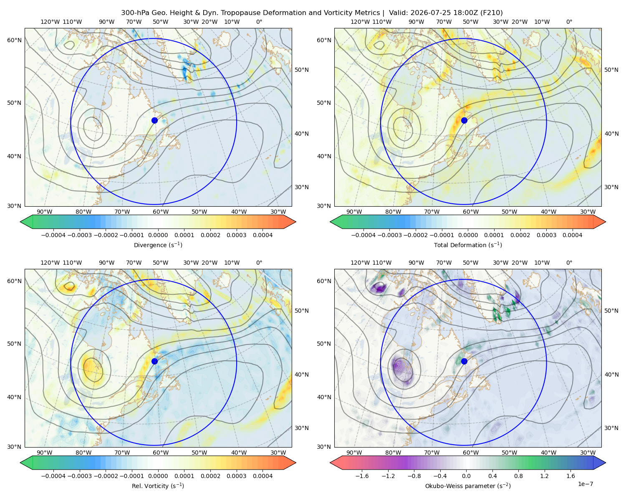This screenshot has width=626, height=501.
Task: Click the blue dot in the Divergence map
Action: click(x=154, y=120)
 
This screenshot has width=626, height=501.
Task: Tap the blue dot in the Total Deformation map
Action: click(x=464, y=120)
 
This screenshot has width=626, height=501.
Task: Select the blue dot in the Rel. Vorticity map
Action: click(x=154, y=361)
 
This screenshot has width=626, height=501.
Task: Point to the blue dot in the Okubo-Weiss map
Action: click(x=464, y=361)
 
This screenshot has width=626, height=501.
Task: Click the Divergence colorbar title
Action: click(x=158, y=245)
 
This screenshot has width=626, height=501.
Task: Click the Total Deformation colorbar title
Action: click(x=468, y=245)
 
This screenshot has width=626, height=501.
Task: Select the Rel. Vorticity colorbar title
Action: click(x=158, y=486)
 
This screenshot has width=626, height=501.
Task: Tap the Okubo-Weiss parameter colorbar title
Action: click(x=468, y=486)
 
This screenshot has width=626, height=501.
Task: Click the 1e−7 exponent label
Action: click(x=585, y=484)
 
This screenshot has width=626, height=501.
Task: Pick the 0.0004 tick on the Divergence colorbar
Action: click(x=263, y=235)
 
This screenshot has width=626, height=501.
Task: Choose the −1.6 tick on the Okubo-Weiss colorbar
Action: click(x=362, y=476)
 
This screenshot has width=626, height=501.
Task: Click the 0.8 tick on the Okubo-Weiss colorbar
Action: click(x=518, y=476)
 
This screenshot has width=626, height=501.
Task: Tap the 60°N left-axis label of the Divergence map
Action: click(x=14, y=40)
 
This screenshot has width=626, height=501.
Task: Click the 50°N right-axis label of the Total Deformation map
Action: click(x=611, y=70)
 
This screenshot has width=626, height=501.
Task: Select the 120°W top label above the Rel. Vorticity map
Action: click(x=50, y=263)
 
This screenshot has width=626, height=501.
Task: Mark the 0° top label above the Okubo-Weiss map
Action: click(x=569, y=263)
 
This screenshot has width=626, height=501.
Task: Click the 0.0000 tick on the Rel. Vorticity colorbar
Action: click(x=158, y=476)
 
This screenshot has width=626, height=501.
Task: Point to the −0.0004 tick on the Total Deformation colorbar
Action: click(x=363, y=235)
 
